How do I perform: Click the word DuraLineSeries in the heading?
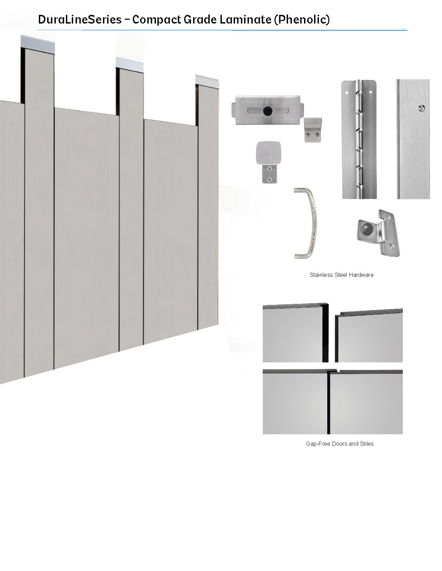pos(80,19)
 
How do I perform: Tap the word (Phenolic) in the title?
pos(302,19)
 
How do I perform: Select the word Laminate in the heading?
pos(245,19)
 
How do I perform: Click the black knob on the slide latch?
pos(268,111)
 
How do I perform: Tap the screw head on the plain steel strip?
pos(422,108)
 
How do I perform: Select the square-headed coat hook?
pos(269,162)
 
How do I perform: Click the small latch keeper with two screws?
pos(313,130)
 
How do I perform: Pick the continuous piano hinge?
pos(359,139)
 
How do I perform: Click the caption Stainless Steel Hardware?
pos(341,275)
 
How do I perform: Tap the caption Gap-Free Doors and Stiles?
pos(340,444)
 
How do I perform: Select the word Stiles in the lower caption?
pos(367,444)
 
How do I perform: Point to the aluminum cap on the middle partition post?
pos(130,65)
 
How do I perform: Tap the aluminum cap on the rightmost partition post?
pos(207,81)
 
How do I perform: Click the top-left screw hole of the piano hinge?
pos(347,93)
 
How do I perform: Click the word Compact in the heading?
pos(157,19)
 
